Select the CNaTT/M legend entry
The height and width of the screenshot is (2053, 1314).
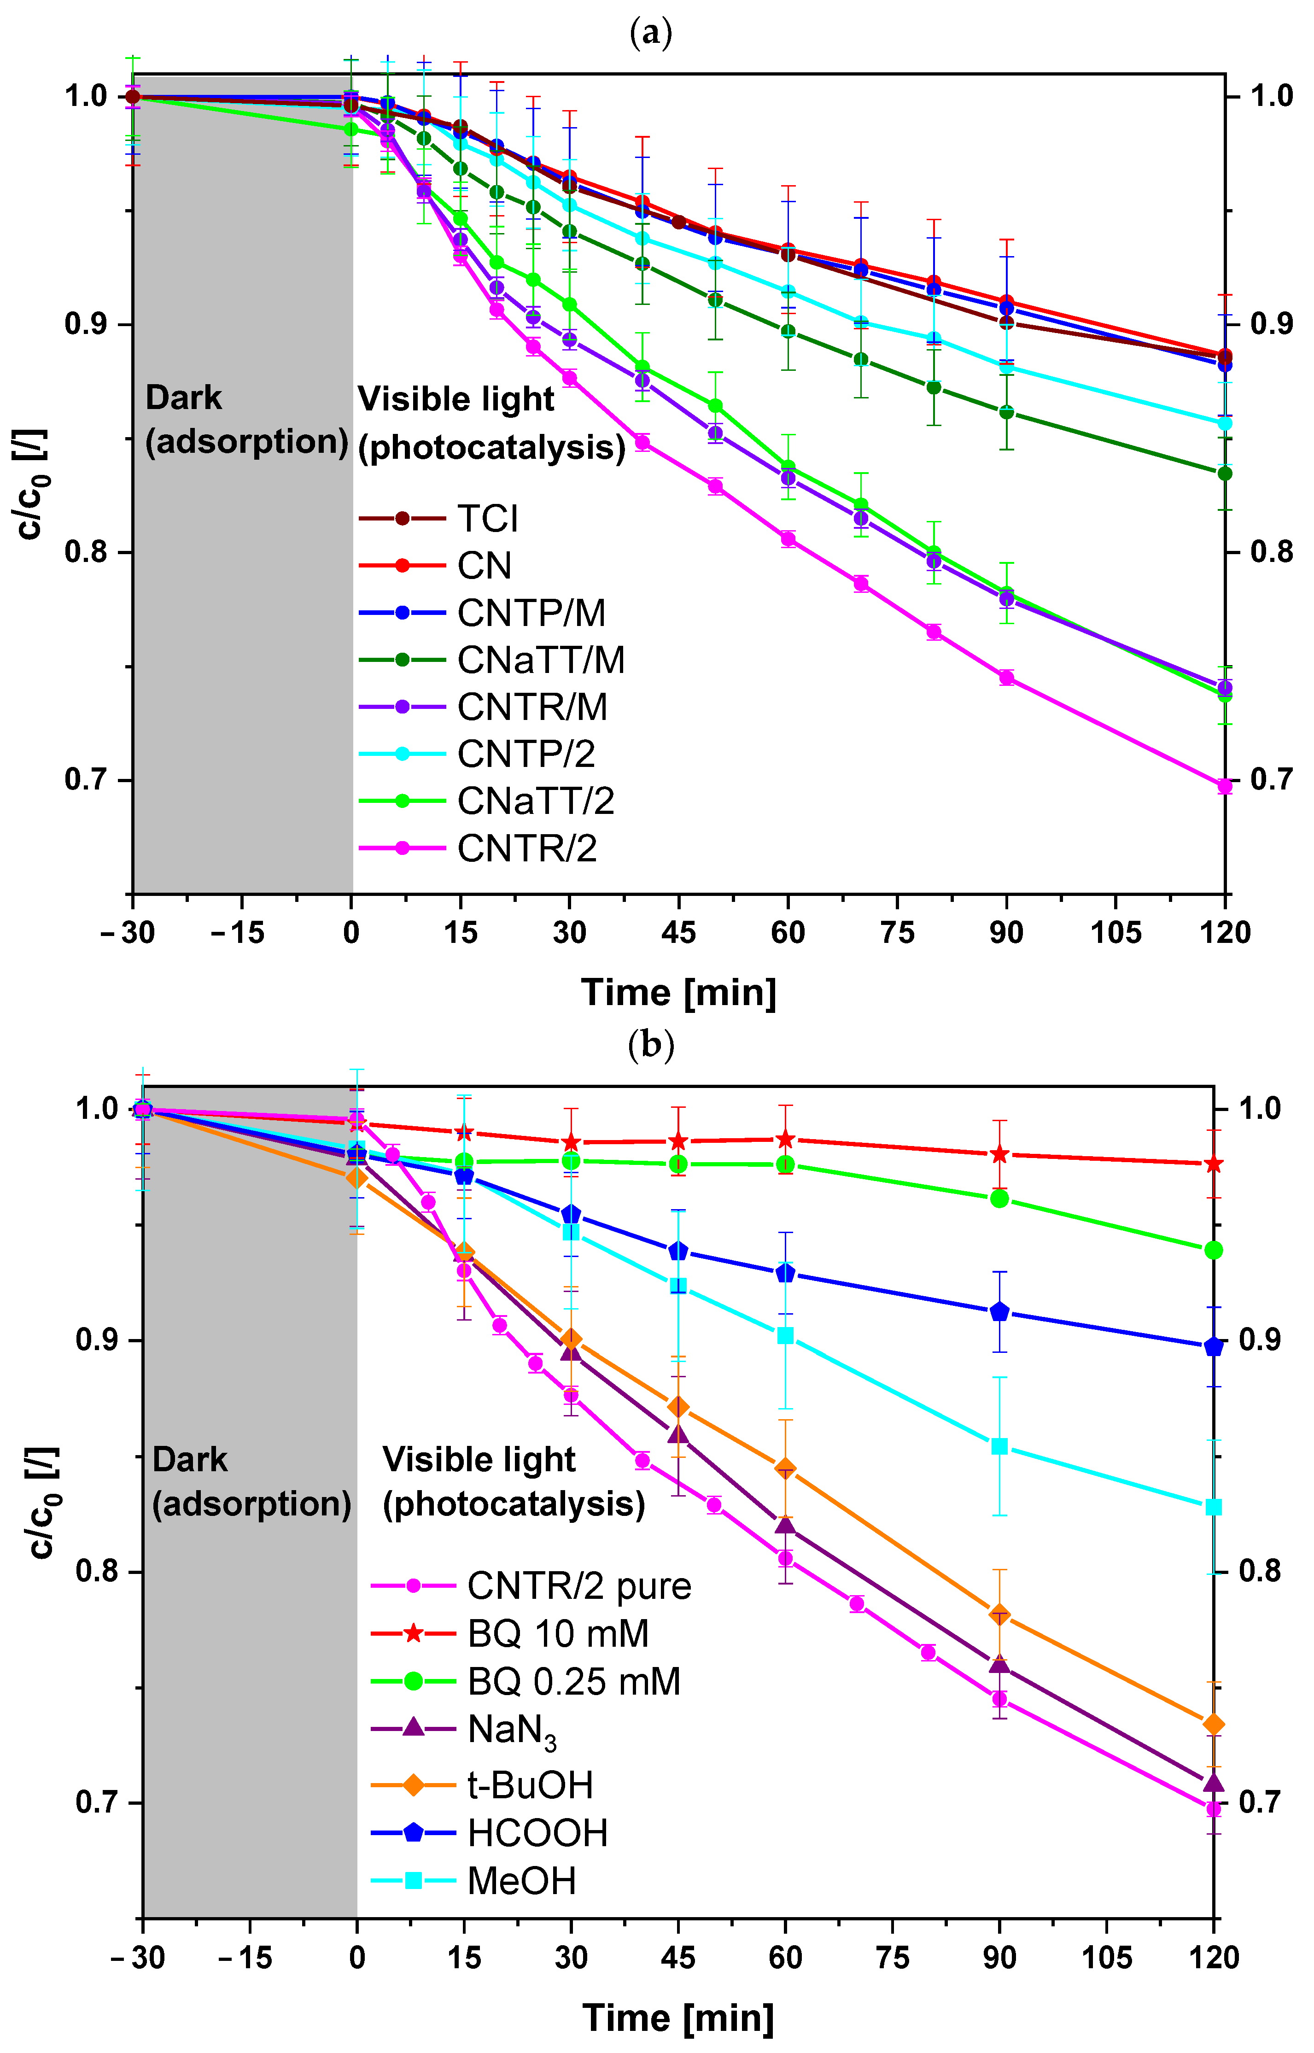coord(540,660)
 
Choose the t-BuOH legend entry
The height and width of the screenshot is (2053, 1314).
coord(530,1784)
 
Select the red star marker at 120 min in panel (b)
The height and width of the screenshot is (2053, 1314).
coord(1213,1164)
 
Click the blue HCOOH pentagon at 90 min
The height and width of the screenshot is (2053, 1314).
coord(1000,1311)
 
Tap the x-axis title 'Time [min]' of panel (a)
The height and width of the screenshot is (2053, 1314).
coord(678,992)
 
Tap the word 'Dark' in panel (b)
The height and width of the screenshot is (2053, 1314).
coord(189,1460)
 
